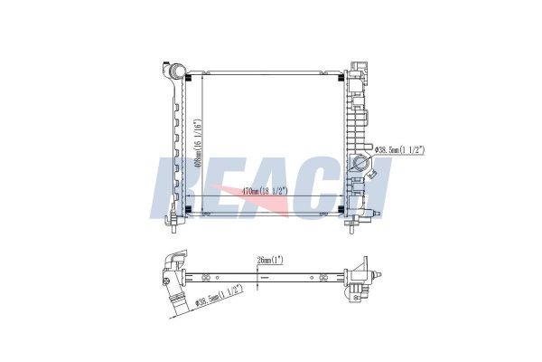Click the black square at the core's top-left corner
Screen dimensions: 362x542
(188, 76)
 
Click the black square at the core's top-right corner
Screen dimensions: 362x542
(341, 76)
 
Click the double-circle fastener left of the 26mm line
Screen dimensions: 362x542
(207, 278)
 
